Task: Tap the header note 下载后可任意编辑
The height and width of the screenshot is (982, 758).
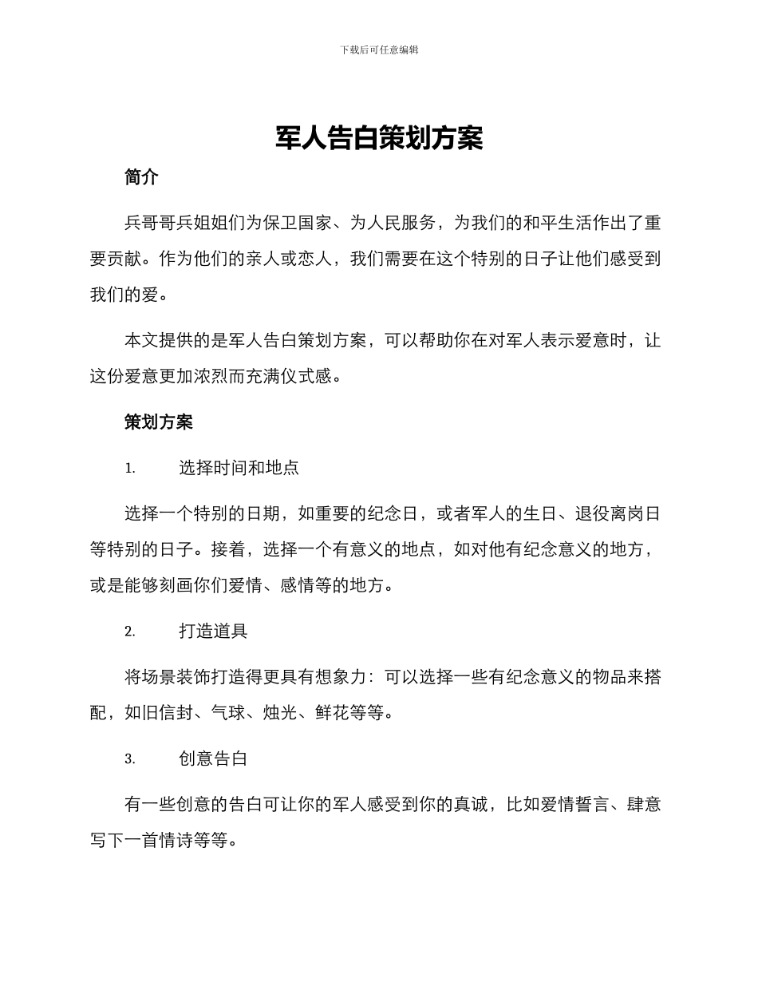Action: coord(379,49)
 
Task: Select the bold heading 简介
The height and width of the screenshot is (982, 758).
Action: coord(141,178)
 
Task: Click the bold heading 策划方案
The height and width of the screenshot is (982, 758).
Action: coord(158,422)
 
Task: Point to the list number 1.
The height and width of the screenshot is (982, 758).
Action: coord(129,469)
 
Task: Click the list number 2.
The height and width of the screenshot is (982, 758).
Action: coord(129,632)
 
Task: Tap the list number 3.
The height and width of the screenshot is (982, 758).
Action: coord(129,760)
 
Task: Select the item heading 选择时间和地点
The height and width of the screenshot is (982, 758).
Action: coord(239,468)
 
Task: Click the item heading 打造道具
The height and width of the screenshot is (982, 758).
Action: coord(213,632)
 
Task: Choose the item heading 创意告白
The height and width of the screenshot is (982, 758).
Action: coord(213,759)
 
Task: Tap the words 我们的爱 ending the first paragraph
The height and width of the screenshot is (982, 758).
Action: coord(124,295)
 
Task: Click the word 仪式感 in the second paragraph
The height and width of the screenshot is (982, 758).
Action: coord(306,376)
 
